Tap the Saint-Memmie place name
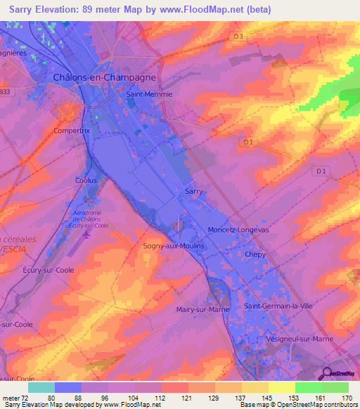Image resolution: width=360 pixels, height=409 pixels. [148, 93]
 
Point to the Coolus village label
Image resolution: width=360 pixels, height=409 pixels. [86, 181]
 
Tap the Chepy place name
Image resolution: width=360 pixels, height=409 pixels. [255, 255]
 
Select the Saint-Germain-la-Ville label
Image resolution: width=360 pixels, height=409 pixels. [278, 306]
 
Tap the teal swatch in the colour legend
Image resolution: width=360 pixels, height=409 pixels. [41, 387]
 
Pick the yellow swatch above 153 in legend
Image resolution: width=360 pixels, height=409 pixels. [281, 387]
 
